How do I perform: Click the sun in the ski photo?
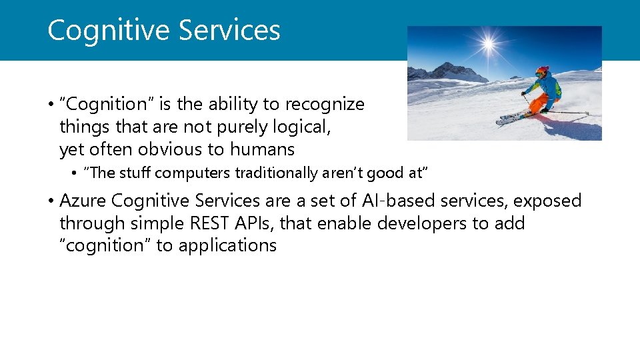[x=489, y=45]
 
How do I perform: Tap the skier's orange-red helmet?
[x=542, y=70]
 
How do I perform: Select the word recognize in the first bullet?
[x=325, y=104]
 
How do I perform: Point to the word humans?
[x=262, y=149]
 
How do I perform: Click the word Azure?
[x=83, y=201]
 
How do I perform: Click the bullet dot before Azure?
[x=51, y=201]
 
